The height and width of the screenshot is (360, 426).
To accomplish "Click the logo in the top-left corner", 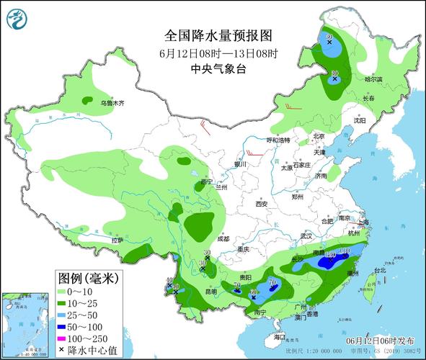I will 16,18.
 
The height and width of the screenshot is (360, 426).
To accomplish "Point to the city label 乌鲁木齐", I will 112,104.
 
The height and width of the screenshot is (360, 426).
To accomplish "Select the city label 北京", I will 319,136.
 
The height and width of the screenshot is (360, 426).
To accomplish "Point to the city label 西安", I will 260,204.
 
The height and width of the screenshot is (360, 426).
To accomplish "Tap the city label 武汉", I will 307,235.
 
